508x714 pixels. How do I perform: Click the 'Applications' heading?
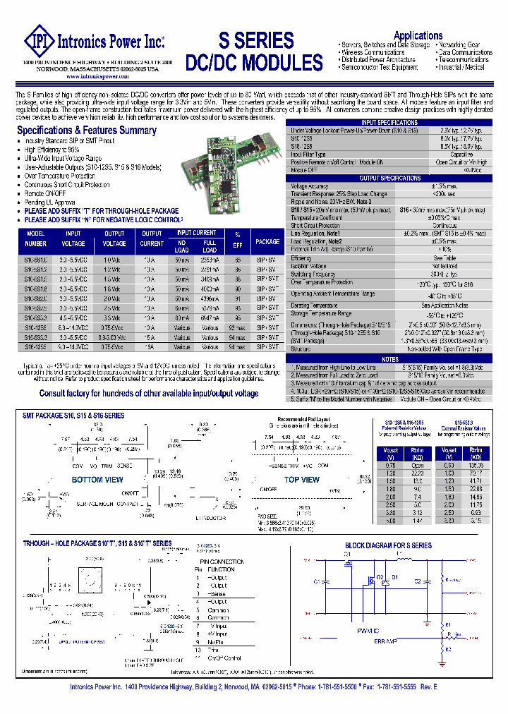418,35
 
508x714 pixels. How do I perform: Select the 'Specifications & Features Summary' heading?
87,131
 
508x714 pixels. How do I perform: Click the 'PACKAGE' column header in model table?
267,241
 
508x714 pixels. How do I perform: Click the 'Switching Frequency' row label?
313,274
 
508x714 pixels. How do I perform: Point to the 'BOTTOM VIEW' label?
97,480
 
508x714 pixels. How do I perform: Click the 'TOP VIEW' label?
301,480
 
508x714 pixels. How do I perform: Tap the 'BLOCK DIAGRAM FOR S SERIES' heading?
388,545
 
